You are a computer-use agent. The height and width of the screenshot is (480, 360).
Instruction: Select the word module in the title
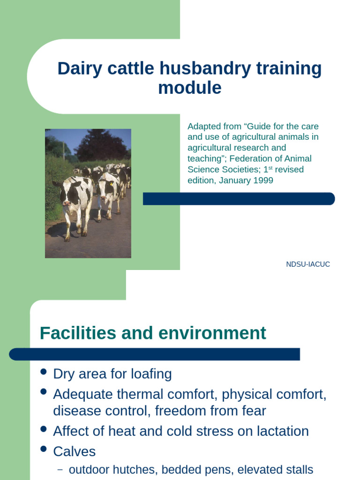click(x=189, y=88)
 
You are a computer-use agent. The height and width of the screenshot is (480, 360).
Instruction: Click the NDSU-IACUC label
click(x=308, y=264)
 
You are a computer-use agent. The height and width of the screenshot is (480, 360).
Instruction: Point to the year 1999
click(x=263, y=180)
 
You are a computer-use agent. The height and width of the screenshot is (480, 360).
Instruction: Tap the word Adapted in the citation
click(x=202, y=127)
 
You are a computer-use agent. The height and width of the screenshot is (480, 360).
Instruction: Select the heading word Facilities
click(x=78, y=333)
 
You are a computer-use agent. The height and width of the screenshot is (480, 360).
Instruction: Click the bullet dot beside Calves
click(x=44, y=449)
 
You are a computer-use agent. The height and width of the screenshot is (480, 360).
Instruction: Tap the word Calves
click(x=74, y=451)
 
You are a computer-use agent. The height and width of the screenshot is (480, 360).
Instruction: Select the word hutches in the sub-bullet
click(x=127, y=470)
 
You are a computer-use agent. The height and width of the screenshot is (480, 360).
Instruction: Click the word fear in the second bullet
click(x=253, y=411)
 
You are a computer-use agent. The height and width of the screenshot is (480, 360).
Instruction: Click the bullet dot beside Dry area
click(x=44, y=372)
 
